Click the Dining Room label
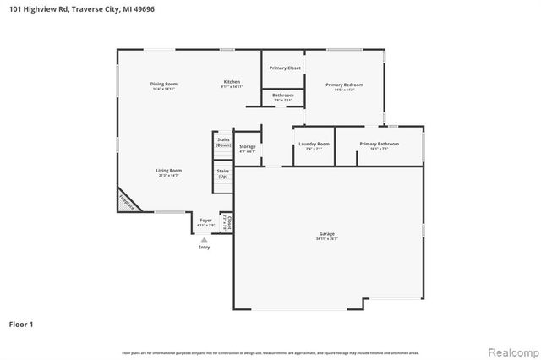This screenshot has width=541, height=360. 164,84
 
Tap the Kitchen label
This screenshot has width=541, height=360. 232,82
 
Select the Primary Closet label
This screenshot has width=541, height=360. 285,68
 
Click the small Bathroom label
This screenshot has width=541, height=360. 283,95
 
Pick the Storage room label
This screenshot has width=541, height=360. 247,147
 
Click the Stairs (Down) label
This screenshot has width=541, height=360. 223,142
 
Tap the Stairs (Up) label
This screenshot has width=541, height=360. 223,173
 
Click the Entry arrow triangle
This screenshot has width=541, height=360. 204,240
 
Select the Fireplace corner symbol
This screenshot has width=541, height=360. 126,202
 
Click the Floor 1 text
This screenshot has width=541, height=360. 22,325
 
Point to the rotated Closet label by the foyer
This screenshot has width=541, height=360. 228,223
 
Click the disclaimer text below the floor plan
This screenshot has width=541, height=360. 270,352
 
